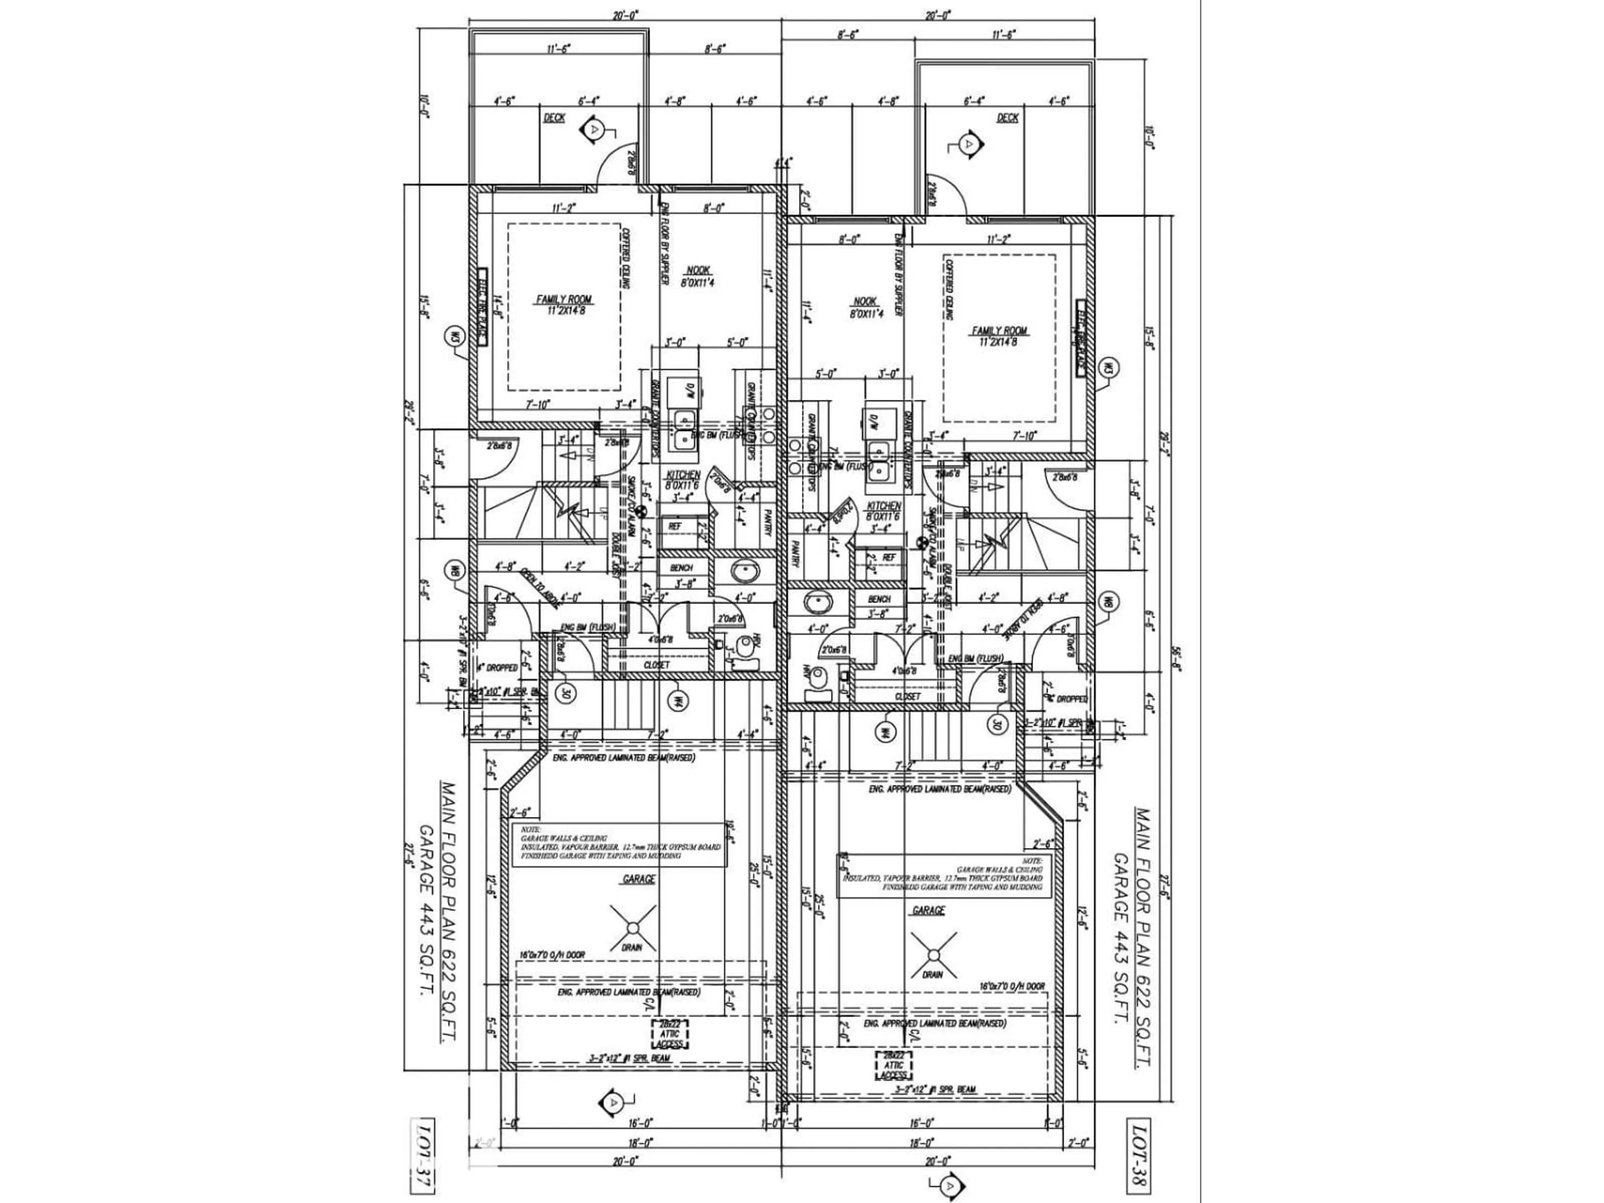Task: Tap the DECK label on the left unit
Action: tap(554, 117)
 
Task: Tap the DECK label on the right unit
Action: tap(1007, 117)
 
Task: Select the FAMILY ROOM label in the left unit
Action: tap(564, 303)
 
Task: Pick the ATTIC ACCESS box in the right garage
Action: tap(894, 1065)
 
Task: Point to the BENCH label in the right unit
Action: tap(879, 599)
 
